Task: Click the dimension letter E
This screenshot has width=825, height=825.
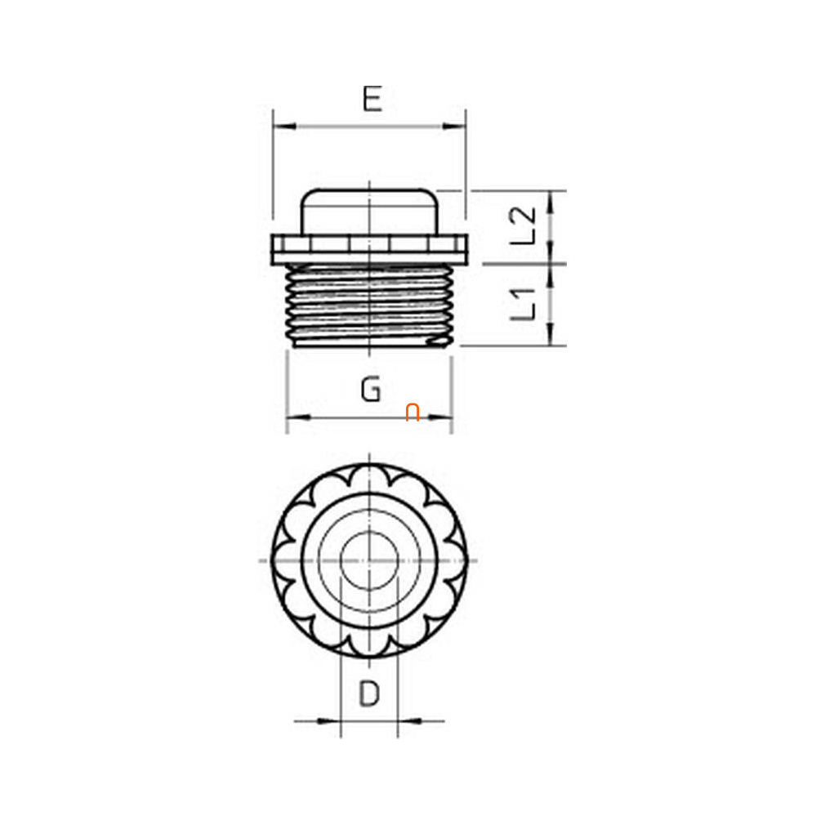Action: [372, 99]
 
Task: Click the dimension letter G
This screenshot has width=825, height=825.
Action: [371, 389]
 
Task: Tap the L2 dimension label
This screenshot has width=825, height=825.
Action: [523, 225]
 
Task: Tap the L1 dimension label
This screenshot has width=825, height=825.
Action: [523, 304]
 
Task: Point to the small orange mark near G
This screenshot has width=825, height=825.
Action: [412, 412]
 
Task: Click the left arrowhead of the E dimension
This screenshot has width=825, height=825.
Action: [284, 127]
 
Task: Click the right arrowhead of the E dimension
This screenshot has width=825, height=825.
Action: [454, 127]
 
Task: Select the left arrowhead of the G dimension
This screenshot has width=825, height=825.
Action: [298, 417]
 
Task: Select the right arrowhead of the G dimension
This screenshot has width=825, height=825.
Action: [440, 417]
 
